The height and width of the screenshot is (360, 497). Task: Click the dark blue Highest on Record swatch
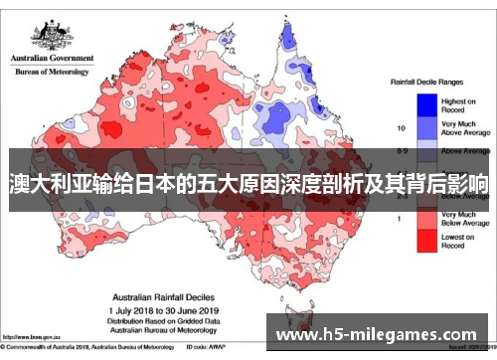pos(426,104)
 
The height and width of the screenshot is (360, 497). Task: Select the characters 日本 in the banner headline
pos(149,185)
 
